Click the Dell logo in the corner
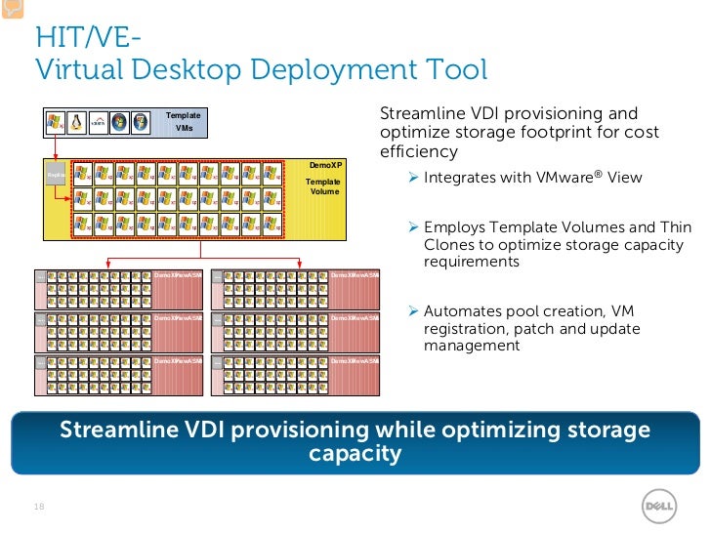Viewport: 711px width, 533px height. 659,507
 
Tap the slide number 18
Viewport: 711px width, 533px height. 40,507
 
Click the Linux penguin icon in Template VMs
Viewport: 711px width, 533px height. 76,123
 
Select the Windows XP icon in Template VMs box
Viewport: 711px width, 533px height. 55,123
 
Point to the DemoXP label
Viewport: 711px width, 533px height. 324,166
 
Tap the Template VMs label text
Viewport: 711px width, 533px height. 183,122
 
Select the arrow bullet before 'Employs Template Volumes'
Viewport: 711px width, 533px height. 414,227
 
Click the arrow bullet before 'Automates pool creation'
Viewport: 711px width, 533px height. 414,310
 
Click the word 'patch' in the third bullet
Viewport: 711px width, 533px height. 523,328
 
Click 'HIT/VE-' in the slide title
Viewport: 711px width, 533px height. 88,38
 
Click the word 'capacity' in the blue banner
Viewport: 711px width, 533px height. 355,454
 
